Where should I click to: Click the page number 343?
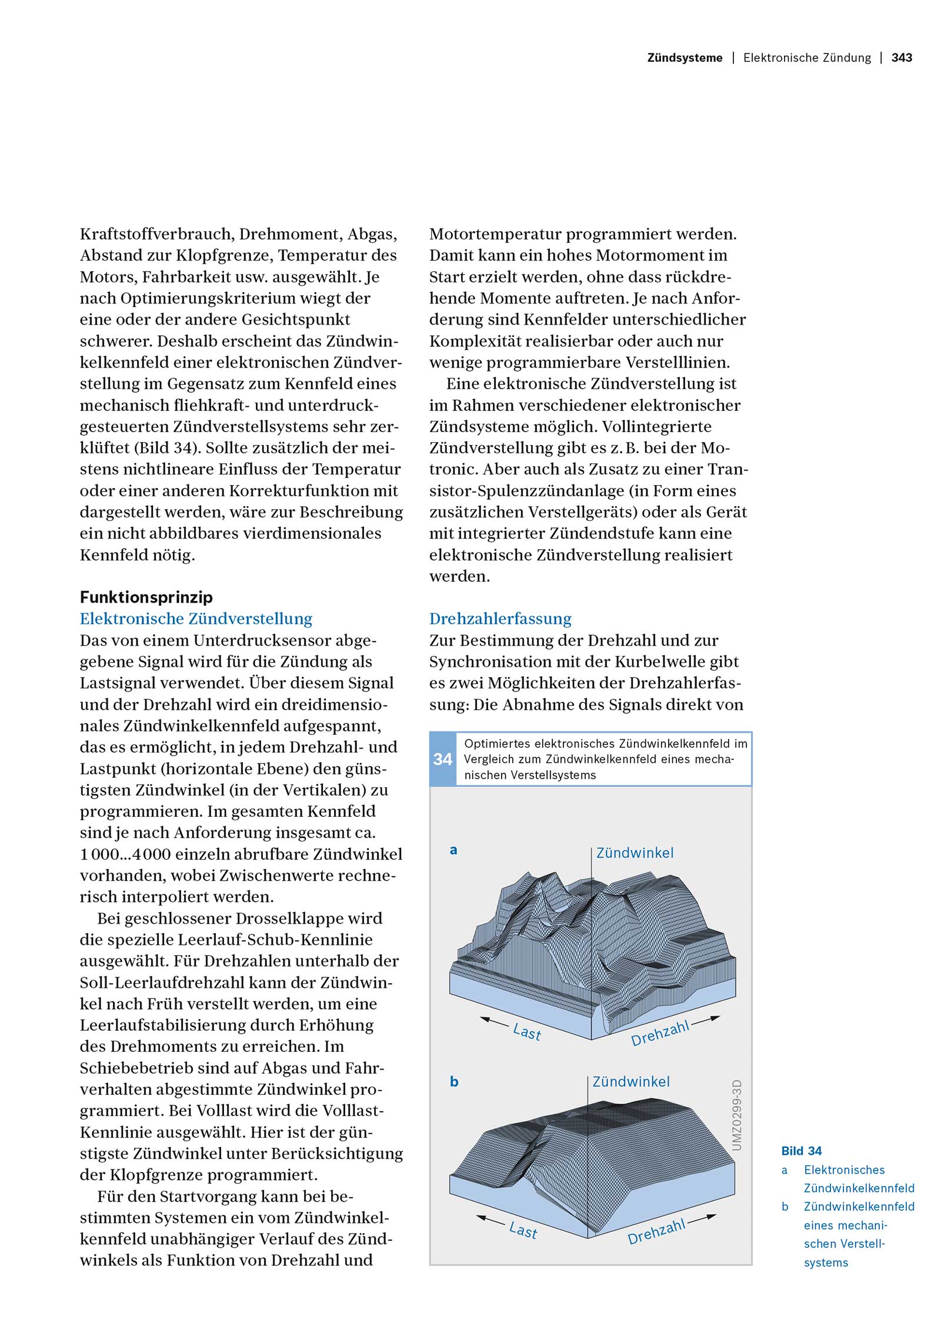click(902, 58)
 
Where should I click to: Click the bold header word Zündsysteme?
click(685, 58)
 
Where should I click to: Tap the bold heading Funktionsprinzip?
click(146, 597)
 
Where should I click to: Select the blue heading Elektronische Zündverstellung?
click(196, 619)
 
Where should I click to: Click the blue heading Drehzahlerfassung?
click(500, 619)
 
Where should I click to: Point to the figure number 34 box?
click(442, 759)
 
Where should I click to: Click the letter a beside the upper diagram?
click(453, 850)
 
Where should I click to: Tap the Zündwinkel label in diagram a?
click(635, 853)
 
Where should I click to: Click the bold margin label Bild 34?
click(802, 1151)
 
